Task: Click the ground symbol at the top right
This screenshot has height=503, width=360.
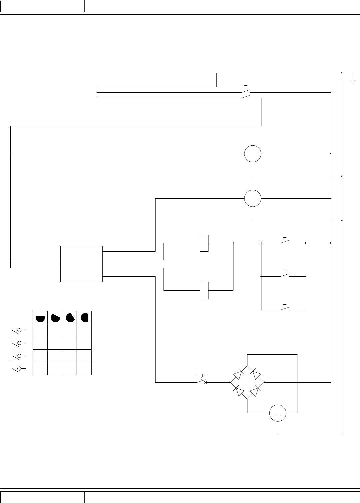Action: (353, 81)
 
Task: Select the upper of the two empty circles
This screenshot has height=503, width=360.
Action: (253, 154)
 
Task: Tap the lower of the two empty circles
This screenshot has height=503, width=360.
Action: (253, 199)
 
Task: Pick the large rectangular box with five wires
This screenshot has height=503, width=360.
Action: (82, 264)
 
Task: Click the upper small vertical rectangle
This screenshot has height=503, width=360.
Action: (204, 243)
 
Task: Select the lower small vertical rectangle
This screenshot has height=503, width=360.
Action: (204, 290)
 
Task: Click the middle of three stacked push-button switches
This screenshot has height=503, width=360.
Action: (284, 275)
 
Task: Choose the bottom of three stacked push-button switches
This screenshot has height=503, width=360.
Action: (284, 308)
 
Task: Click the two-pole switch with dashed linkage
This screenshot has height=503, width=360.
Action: (246, 93)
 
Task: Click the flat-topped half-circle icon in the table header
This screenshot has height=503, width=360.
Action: (40, 318)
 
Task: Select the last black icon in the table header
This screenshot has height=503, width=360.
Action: (85, 318)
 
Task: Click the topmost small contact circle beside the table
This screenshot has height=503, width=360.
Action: (20, 330)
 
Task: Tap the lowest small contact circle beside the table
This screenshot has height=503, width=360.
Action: (20, 368)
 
